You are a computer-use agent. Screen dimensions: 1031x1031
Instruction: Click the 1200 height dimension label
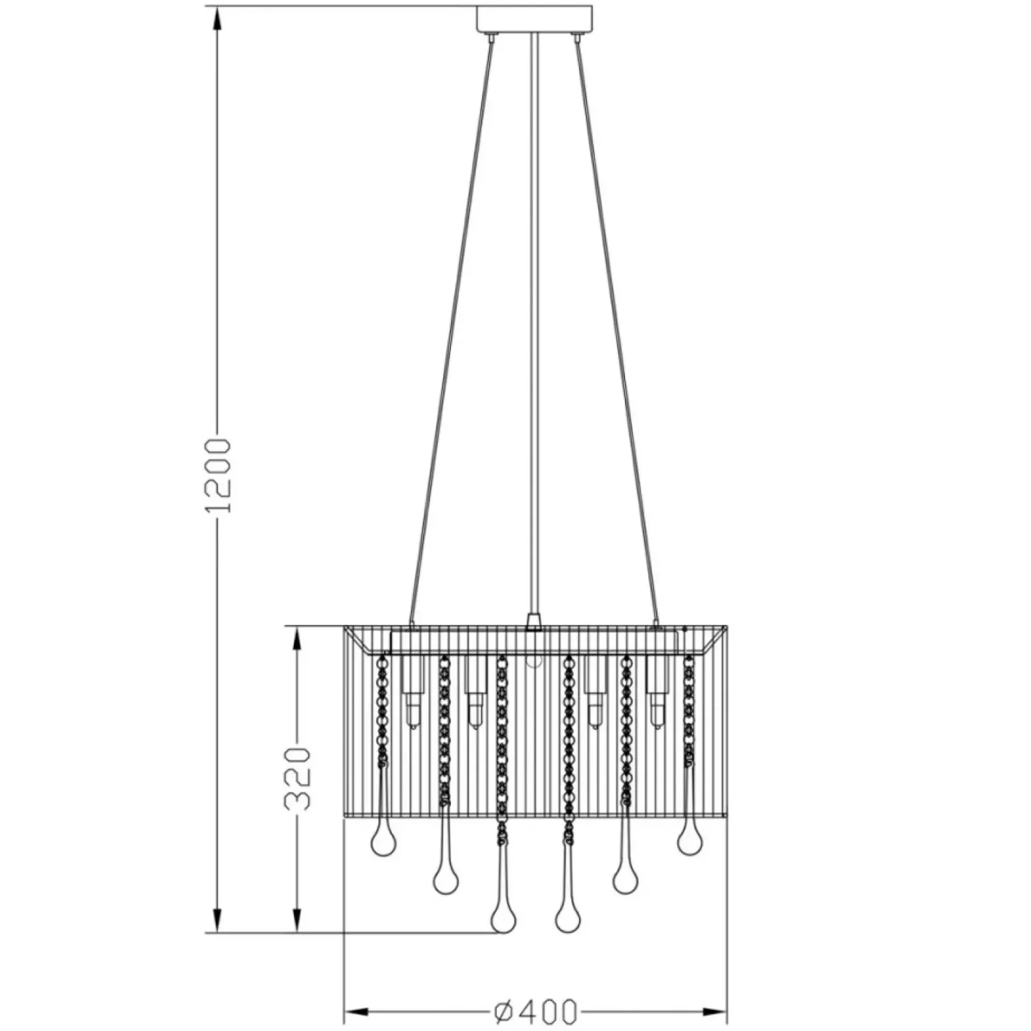tap(217, 476)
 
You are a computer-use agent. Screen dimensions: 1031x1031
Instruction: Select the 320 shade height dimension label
tap(297, 778)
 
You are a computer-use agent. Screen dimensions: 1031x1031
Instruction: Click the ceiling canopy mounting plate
tap(534, 19)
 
